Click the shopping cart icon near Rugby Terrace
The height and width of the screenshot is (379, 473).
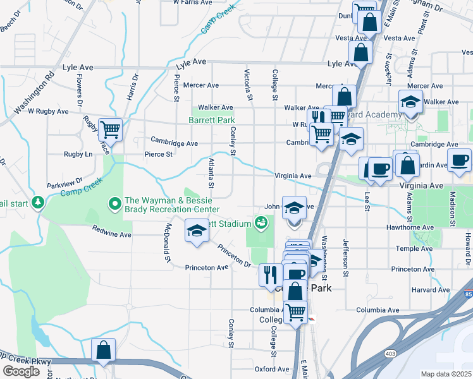[110, 129]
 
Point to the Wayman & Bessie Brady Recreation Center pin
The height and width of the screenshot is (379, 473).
[114, 203]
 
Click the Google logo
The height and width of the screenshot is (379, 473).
[20, 371]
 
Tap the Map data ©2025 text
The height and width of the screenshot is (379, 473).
[446, 374]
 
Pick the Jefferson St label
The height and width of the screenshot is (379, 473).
[345, 256]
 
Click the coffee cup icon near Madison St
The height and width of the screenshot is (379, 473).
[459, 160]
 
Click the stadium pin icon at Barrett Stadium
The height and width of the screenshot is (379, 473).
[261, 222]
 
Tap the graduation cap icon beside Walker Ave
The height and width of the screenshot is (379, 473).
[410, 102]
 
